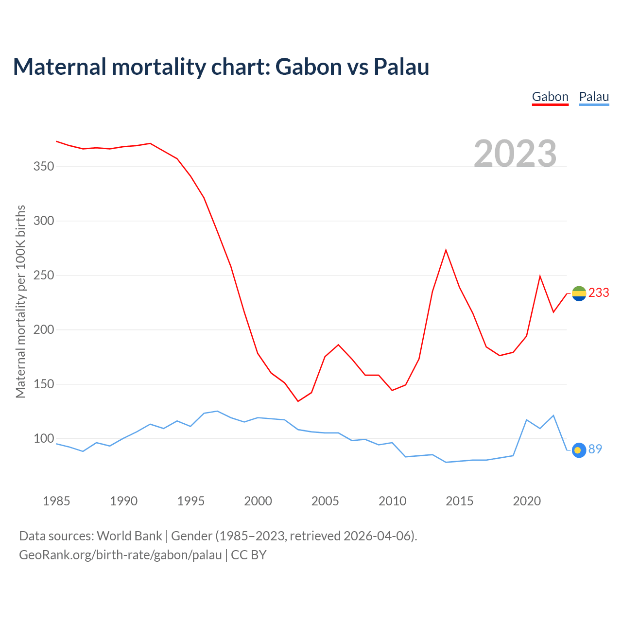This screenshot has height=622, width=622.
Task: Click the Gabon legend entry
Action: pyautogui.click(x=550, y=97)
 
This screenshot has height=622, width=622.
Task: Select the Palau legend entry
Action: pyautogui.click(x=594, y=97)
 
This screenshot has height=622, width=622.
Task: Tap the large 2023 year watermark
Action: pyautogui.click(x=515, y=153)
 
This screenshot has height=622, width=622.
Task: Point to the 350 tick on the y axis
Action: pyautogui.click(x=44, y=167)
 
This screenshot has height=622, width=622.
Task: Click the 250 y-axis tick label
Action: pyautogui.click(x=44, y=276)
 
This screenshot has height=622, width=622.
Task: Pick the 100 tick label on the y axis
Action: pyautogui.click(x=44, y=439)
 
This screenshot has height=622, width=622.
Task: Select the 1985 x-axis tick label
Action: pyautogui.click(x=56, y=501)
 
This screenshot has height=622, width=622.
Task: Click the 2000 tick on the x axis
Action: pyautogui.click(x=258, y=501)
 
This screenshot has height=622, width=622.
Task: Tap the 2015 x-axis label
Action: pyautogui.click(x=459, y=501)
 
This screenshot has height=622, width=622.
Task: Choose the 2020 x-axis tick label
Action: pyautogui.click(x=527, y=501)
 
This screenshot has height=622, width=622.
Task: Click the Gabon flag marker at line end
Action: pyautogui.click(x=579, y=294)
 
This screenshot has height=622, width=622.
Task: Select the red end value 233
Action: pyautogui.click(x=599, y=293)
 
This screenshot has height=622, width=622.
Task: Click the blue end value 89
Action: pyautogui.click(x=595, y=449)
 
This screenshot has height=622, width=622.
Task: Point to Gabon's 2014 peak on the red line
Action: pyautogui.click(x=446, y=250)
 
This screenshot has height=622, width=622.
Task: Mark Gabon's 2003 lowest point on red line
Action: pyautogui.click(x=298, y=401)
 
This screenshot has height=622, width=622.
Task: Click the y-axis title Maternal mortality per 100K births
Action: pyautogui.click(x=20, y=302)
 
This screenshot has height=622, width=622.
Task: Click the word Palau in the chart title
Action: pyautogui.click(x=401, y=67)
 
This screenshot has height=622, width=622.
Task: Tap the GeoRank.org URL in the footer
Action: pyautogui.click(x=121, y=555)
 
